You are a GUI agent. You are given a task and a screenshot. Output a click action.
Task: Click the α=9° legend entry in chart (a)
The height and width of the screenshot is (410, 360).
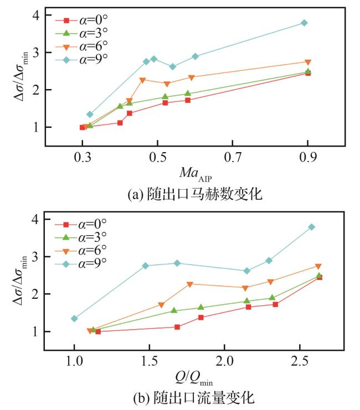pyautogui.click(x=81, y=60)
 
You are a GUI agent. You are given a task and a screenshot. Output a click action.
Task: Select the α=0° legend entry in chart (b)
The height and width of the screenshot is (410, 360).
pyautogui.click(x=81, y=224)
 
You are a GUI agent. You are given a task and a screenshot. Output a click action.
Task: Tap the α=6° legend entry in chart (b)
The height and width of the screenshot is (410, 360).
pyautogui.click(x=81, y=251)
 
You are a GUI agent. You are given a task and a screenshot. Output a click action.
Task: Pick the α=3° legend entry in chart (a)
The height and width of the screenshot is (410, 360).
pyautogui.click(x=81, y=33)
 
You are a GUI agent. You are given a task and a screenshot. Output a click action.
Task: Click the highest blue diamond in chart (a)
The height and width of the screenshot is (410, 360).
pyautogui.click(x=304, y=23)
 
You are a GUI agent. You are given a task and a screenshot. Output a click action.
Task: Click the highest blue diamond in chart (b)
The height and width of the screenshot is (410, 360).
pyautogui.click(x=312, y=227)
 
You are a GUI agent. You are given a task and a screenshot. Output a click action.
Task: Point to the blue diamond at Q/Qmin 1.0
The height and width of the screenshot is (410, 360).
pyautogui.click(x=74, y=319)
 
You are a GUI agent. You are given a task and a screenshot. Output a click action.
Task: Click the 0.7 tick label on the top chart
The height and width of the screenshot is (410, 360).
pyautogui.click(x=233, y=157)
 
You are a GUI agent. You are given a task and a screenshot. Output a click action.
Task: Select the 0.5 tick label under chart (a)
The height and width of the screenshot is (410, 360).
pyautogui.click(x=157, y=157)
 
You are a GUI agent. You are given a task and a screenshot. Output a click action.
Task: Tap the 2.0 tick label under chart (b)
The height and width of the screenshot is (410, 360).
pyautogui.click(x=225, y=361)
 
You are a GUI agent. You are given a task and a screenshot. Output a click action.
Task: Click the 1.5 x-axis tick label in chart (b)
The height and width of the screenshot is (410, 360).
pyautogui.click(x=150, y=361)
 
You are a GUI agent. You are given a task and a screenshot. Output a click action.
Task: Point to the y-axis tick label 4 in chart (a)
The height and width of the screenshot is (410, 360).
pyautogui.click(x=36, y=15)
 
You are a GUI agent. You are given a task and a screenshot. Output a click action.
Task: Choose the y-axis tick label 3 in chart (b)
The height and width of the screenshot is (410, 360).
pyautogui.click(x=35, y=257)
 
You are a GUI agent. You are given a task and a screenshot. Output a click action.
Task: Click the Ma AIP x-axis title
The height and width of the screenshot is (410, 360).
pyautogui.click(x=196, y=174)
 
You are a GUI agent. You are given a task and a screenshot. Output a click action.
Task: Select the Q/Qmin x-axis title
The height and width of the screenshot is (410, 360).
pyautogui.click(x=194, y=378)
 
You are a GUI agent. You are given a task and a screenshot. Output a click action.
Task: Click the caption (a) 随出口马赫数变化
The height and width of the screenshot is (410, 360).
pyautogui.click(x=195, y=194)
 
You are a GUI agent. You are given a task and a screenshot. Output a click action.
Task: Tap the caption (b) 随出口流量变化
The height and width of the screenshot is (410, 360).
pyautogui.click(x=194, y=398)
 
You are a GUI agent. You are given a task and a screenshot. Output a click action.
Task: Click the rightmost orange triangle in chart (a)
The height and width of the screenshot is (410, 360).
pyautogui.click(x=308, y=62)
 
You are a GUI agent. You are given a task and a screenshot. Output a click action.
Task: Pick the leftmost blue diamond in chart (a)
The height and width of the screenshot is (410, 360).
pyautogui.click(x=90, y=115)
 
